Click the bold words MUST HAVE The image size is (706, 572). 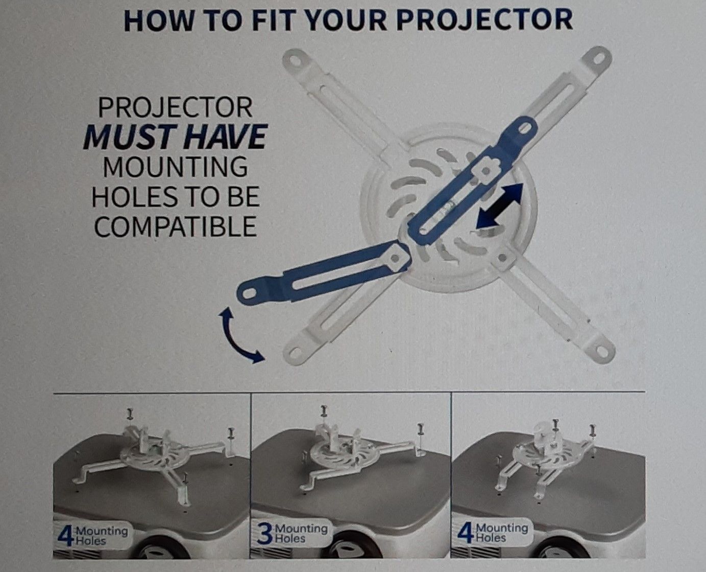coord(175,136)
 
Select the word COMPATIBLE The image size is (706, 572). coord(175,226)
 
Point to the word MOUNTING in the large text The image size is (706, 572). coord(175,167)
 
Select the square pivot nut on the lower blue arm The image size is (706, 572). coord(396,257)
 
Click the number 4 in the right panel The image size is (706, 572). coord(465,533)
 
